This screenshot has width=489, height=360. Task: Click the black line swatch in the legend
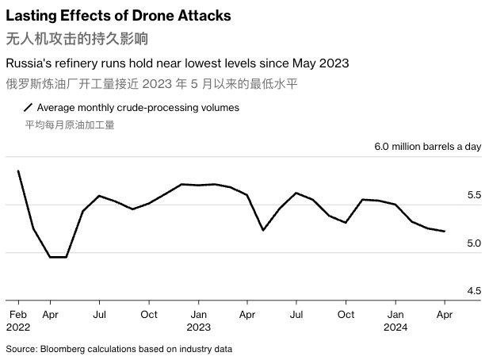pyautogui.click(x=29, y=107)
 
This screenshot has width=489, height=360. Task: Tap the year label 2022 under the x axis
pyautogui.click(x=18, y=327)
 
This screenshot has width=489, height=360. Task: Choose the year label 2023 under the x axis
pyautogui.click(x=199, y=327)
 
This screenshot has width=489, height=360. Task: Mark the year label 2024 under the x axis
pyautogui.click(x=395, y=327)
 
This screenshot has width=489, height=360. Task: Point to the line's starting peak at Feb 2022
pyautogui.click(x=17, y=171)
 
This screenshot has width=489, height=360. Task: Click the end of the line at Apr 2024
pyautogui.click(x=445, y=232)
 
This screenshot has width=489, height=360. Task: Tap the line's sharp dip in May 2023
pyautogui.click(x=263, y=230)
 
